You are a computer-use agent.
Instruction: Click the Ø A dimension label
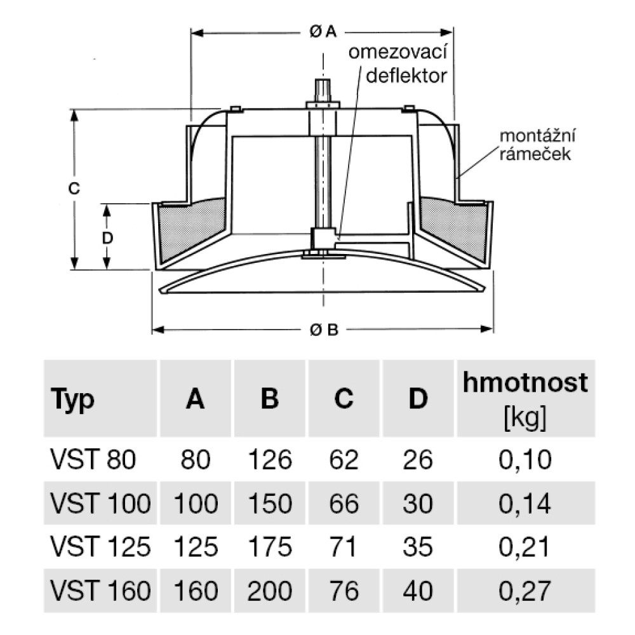(323, 31)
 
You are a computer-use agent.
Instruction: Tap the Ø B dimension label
(324, 330)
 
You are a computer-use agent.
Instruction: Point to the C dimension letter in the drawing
(74, 189)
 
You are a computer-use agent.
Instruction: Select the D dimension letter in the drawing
(107, 237)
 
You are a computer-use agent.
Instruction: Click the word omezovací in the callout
(398, 52)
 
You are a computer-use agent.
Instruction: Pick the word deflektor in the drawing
(406, 76)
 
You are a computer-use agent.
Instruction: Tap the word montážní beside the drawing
(537, 136)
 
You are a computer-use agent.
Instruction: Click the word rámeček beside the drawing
(535, 154)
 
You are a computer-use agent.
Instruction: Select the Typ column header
(72, 399)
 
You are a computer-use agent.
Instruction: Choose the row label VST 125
(100, 546)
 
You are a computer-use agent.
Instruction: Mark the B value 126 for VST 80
(270, 460)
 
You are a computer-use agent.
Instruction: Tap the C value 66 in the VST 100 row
(344, 504)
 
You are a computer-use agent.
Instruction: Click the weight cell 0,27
(525, 591)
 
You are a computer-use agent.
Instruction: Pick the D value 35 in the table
(418, 546)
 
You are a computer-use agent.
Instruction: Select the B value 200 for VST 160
(270, 591)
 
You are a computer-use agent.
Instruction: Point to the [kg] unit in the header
(525, 417)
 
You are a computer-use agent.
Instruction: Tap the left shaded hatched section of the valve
(191, 228)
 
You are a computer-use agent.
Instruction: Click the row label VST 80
(93, 460)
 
